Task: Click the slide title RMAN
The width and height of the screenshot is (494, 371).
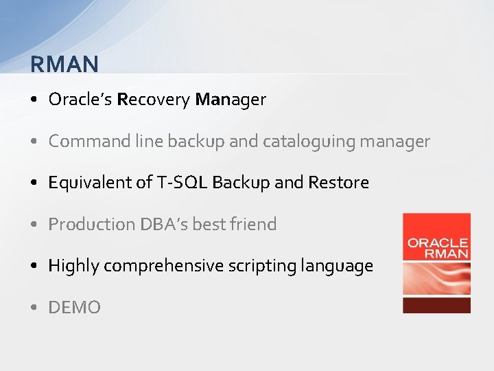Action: (64, 64)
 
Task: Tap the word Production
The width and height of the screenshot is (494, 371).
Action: (86, 224)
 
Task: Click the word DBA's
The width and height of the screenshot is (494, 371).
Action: (162, 224)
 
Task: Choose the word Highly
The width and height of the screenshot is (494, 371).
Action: (72, 266)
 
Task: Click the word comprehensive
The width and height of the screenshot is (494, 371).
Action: (163, 266)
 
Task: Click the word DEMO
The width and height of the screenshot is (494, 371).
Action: (74, 308)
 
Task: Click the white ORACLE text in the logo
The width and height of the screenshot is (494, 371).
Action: (437, 243)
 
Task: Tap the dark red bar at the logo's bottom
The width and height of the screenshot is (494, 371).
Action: (436, 305)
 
